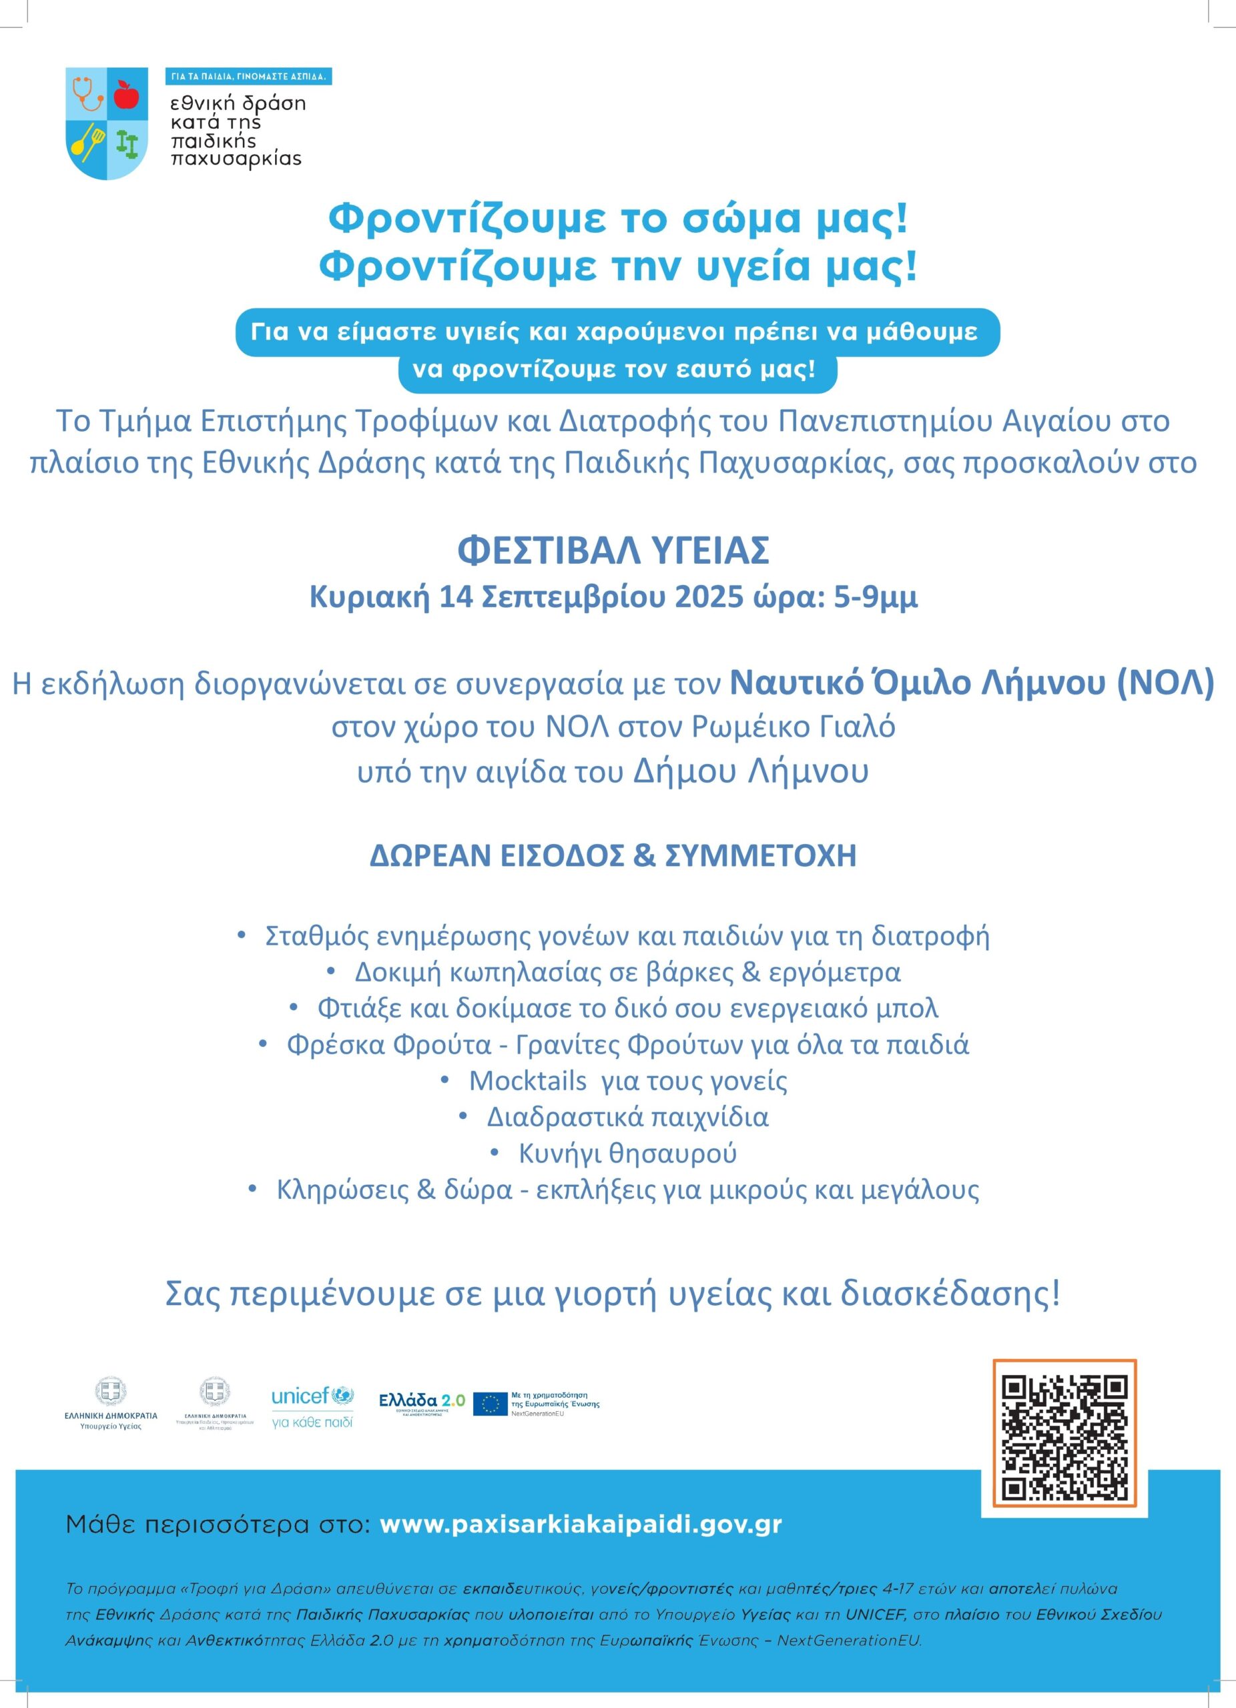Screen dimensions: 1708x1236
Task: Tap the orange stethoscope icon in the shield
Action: click(x=87, y=93)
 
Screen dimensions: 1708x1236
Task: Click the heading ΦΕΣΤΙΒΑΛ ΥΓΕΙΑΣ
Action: click(x=613, y=550)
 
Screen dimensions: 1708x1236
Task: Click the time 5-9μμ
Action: click(x=875, y=597)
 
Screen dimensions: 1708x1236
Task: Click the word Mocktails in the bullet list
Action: click(x=527, y=1082)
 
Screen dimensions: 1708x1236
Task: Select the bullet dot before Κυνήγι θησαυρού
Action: click(x=494, y=1152)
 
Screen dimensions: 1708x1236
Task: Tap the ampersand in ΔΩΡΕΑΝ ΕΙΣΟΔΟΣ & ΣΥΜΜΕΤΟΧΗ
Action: click(x=644, y=856)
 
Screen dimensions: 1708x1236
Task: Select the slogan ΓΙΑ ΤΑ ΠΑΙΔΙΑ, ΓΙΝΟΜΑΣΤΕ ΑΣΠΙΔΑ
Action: click(x=248, y=77)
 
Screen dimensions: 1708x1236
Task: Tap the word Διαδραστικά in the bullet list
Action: click(x=563, y=1117)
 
